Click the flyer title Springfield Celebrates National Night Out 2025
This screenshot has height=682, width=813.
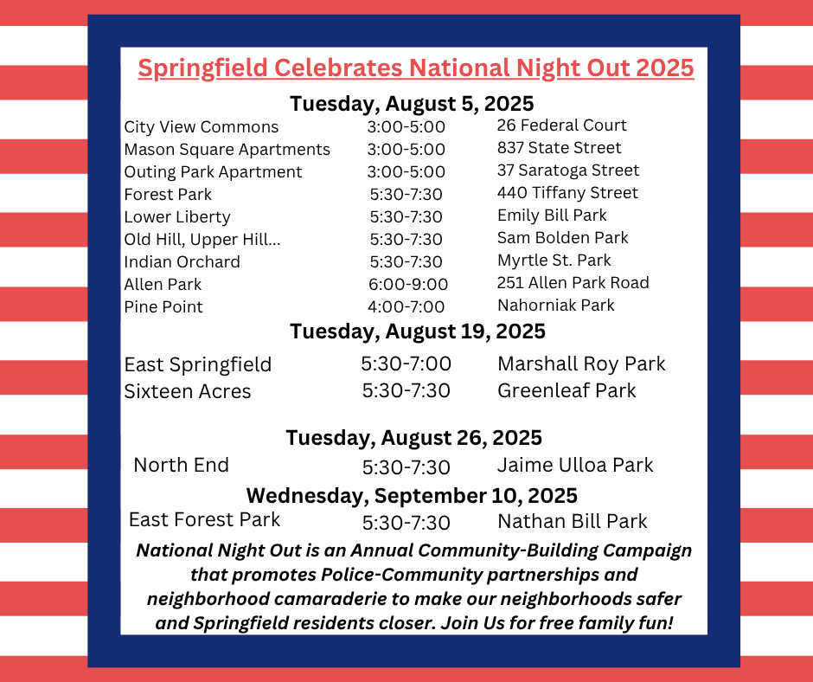[x=416, y=68]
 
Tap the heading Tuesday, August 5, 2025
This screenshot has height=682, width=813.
[x=412, y=104]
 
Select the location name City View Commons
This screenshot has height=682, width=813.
[x=202, y=126]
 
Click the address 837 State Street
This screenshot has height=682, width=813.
[x=559, y=147]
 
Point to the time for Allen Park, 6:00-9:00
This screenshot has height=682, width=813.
[x=408, y=284]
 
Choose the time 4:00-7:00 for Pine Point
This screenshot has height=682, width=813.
[x=406, y=306]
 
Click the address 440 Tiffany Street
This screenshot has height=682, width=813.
[x=567, y=193]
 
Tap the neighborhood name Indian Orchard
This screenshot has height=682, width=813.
[x=182, y=261]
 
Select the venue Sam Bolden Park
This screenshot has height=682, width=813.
[x=562, y=238]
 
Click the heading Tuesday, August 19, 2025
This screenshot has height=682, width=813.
[x=418, y=331]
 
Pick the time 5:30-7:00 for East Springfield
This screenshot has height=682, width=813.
[x=406, y=364]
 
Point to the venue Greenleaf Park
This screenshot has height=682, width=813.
[x=567, y=390]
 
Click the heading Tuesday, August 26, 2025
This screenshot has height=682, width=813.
[x=413, y=438]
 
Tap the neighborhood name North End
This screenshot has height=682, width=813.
[x=181, y=465]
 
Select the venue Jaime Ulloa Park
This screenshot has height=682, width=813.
[x=575, y=465]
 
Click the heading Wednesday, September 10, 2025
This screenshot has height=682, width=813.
[x=412, y=496]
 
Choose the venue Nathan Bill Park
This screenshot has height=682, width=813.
[x=573, y=521]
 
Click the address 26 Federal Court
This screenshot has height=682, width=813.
[x=561, y=125]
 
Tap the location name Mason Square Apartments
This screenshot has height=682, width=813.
[x=227, y=150]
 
